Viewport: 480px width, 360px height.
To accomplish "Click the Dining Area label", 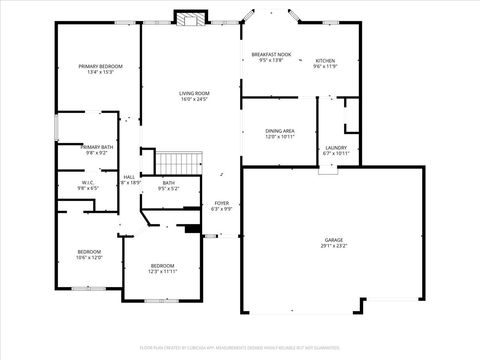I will [x=279, y=131].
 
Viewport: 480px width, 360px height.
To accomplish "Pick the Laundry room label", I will [x=336, y=148].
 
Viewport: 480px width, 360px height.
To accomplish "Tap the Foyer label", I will [x=222, y=203].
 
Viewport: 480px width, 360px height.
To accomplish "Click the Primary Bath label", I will [x=96, y=147].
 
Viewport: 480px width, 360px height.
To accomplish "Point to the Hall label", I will [x=129, y=177].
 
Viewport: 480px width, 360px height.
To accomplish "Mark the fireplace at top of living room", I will [x=190, y=18].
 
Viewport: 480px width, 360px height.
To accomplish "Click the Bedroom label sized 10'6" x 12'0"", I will [x=90, y=251].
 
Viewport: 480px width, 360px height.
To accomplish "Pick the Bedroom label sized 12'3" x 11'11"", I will [x=162, y=266].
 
